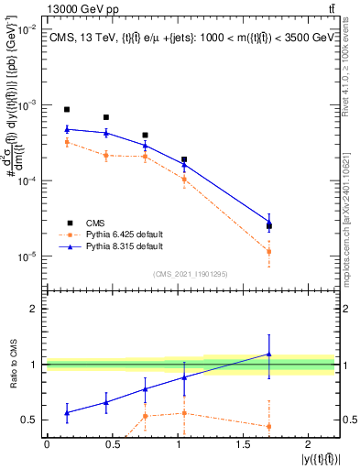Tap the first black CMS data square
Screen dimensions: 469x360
67,109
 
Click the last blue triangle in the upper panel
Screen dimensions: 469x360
268,222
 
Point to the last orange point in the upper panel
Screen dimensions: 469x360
268,251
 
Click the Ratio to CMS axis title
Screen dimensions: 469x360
12,364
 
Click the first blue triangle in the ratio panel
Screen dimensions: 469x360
67,413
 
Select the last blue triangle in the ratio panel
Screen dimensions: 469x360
268,354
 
